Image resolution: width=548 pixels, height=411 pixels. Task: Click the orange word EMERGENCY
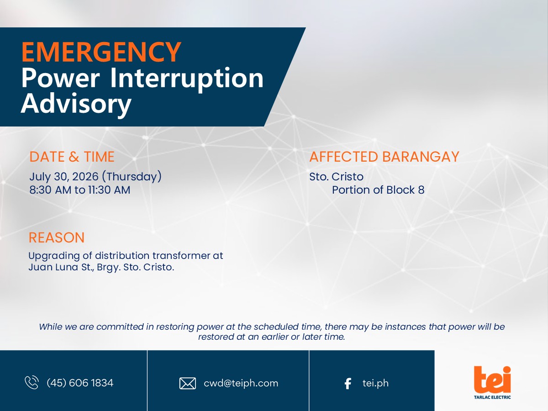(x=101, y=52)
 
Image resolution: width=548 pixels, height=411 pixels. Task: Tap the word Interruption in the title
(x=187, y=79)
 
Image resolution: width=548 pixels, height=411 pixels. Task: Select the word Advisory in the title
(x=76, y=104)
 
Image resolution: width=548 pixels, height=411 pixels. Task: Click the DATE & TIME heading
(x=72, y=157)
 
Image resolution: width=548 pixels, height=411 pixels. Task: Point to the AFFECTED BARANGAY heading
(x=384, y=157)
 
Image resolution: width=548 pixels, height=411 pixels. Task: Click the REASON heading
(x=57, y=237)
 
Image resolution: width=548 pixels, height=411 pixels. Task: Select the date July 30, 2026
(x=64, y=177)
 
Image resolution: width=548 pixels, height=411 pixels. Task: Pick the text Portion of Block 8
(x=378, y=190)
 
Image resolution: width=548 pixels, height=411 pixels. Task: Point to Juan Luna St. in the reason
(x=61, y=267)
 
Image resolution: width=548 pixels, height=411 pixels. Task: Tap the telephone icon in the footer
(x=32, y=383)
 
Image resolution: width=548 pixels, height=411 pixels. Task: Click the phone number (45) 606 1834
(x=80, y=383)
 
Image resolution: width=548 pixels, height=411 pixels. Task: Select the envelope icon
(x=188, y=383)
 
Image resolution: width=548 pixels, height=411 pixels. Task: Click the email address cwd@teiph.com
(x=241, y=383)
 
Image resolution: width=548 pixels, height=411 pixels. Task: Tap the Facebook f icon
(x=348, y=384)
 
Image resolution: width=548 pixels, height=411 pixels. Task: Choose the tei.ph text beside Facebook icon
(x=375, y=383)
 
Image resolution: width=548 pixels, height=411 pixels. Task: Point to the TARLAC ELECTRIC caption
(x=492, y=397)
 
